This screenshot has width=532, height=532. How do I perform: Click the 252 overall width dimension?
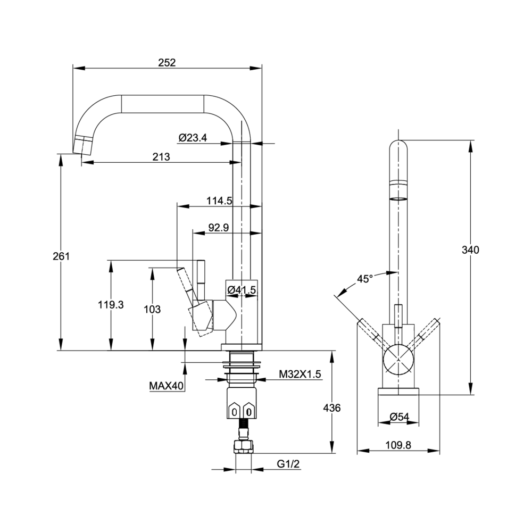coord(167,62)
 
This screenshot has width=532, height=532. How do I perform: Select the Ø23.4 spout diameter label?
coord(193,138)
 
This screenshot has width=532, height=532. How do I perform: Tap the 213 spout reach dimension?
coord(161,156)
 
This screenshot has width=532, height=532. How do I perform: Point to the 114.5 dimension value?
coord(219,201)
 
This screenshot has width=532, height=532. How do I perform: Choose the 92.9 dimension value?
coord(218,228)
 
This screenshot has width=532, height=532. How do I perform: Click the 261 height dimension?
coord(61,256)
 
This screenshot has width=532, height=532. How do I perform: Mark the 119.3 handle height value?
coord(111,305)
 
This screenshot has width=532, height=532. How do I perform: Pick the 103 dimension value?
coord(152,309)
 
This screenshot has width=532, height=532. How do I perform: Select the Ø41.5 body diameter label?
coord(242,290)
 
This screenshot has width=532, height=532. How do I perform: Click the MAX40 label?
coord(167,386)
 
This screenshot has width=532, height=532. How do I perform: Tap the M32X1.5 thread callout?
coord(301,375)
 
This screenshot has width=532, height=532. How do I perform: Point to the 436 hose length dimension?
coord(331,408)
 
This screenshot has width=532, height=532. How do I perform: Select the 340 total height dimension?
coord(470,250)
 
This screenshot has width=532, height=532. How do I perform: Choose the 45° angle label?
coord(364,279)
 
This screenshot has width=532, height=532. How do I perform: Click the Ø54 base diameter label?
coord(398,417)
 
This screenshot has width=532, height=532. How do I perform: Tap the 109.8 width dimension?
coord(398,446)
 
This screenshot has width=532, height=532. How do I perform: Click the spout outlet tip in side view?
coord(81,145)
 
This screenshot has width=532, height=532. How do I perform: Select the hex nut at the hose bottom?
coord(243,446)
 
